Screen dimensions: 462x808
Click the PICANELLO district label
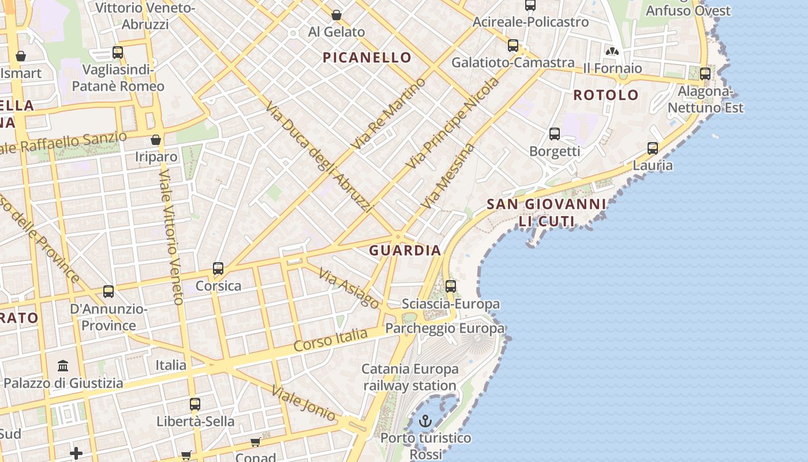367,57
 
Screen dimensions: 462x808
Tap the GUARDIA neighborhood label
405,250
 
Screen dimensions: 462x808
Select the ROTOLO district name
606,95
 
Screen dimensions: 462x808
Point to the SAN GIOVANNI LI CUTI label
547,212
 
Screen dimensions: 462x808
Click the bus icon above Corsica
218,269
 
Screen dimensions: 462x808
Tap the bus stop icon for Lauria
653,148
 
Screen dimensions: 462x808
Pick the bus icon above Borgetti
555,134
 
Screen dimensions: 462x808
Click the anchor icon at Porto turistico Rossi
425,421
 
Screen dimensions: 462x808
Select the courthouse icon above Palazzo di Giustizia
63,366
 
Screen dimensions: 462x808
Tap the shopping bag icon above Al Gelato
336,15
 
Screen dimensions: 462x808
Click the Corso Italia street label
330,340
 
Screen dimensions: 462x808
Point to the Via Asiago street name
349,289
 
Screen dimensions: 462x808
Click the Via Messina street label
448,176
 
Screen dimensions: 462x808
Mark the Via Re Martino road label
390,113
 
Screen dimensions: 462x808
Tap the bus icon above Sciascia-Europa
451,286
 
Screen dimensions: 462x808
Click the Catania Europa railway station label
410,377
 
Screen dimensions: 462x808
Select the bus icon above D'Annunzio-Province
109,292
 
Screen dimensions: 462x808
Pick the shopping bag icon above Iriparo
156,140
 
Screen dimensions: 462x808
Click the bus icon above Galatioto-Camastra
513,46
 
